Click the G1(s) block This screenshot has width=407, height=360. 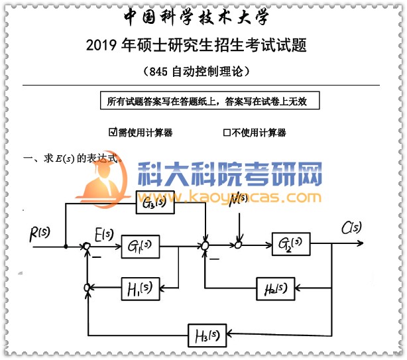coord(141,247)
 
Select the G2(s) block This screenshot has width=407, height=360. coord(291,244)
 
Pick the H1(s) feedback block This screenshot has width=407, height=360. coord(141,288)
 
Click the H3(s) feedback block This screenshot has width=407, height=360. coord(207,333)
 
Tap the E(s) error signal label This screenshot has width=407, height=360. coord(104,233)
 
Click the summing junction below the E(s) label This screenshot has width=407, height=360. coord(87,247)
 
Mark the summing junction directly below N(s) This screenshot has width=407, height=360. coord(239,245)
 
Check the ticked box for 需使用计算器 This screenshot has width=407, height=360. coord(113,132)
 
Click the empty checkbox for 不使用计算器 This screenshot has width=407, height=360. coord(227,132)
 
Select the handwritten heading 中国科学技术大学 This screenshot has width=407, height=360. coord(197,17)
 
